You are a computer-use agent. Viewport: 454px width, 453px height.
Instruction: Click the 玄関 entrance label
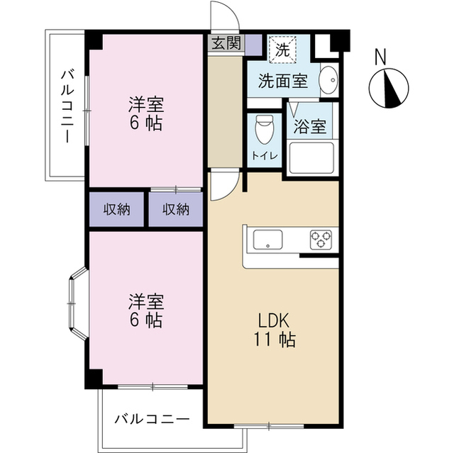pos(225,42)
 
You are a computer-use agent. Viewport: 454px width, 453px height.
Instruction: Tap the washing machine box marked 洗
pos(282,50)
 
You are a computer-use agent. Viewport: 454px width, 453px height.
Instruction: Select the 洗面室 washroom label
pos(282,81)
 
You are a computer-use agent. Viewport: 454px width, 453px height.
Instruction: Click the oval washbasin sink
pos(328,81)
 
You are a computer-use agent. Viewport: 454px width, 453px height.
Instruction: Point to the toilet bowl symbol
pos(265,128)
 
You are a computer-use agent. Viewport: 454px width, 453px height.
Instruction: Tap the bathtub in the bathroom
pos(311,158)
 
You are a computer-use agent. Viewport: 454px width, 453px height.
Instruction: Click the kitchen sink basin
pos(267,240)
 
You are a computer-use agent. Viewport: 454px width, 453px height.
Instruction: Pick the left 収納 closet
pos(118,209)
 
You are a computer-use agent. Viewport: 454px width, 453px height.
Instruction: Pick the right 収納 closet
pos(176,209)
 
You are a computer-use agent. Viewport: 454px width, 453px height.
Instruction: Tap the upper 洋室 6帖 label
pos(145,114)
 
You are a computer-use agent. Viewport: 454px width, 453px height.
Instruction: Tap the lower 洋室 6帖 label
pos(145,311)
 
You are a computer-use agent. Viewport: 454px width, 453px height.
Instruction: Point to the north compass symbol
pos(389,89)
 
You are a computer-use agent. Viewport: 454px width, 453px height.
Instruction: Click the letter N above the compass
pos(380,55)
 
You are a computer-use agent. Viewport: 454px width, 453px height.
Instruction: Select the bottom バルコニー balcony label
pos(153,419)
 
